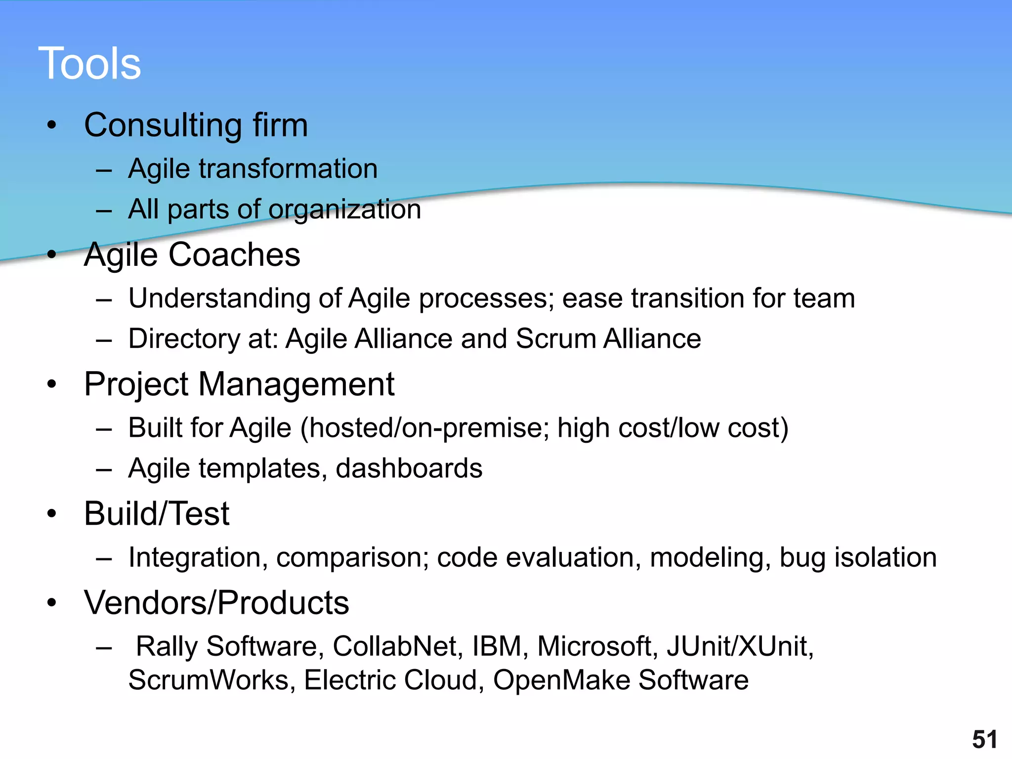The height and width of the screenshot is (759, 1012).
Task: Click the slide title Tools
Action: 89,63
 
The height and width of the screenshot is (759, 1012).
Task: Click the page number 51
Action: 984,739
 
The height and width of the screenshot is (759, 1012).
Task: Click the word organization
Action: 344,210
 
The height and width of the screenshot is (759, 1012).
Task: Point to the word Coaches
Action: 234,255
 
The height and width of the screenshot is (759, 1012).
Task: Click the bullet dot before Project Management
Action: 52,384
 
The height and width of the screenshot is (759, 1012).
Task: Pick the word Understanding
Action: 219,299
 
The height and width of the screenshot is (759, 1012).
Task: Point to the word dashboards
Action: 409,468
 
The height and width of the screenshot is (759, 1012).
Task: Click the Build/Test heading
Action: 157,514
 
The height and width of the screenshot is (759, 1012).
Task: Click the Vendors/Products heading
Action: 216,603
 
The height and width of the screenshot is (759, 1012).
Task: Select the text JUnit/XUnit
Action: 739,646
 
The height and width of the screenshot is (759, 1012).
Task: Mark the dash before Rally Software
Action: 104,647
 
